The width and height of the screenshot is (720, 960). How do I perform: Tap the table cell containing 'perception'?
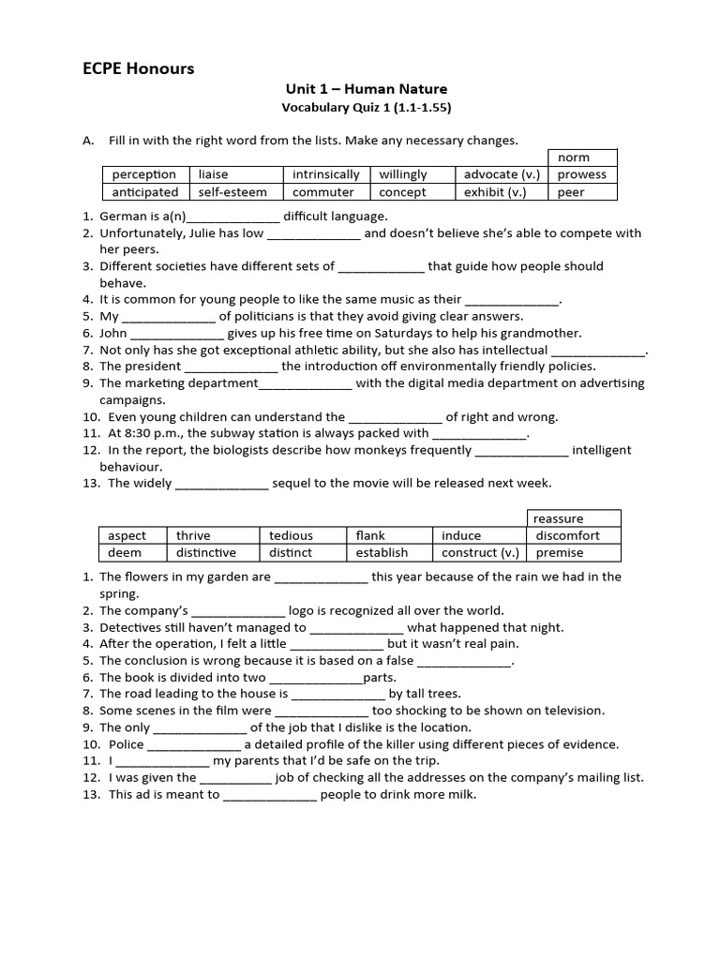click(x=144, y=174)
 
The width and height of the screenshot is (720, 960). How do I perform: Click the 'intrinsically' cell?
click(x=326, y=174)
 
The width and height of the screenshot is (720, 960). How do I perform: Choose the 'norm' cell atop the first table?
click(x=574, y=157)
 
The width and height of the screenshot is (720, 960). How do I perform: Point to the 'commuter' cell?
click(x=323, y=192)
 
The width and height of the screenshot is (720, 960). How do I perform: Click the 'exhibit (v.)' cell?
click(x=495, y=192)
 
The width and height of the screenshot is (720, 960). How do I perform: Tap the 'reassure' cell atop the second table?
click(x=558, y=518)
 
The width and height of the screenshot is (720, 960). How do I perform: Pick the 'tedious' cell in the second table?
click(x=291, y=535)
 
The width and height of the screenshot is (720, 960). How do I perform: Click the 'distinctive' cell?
click(x=206, y=553)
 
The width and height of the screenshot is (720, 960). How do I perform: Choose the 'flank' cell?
click(x=370, y=535)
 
